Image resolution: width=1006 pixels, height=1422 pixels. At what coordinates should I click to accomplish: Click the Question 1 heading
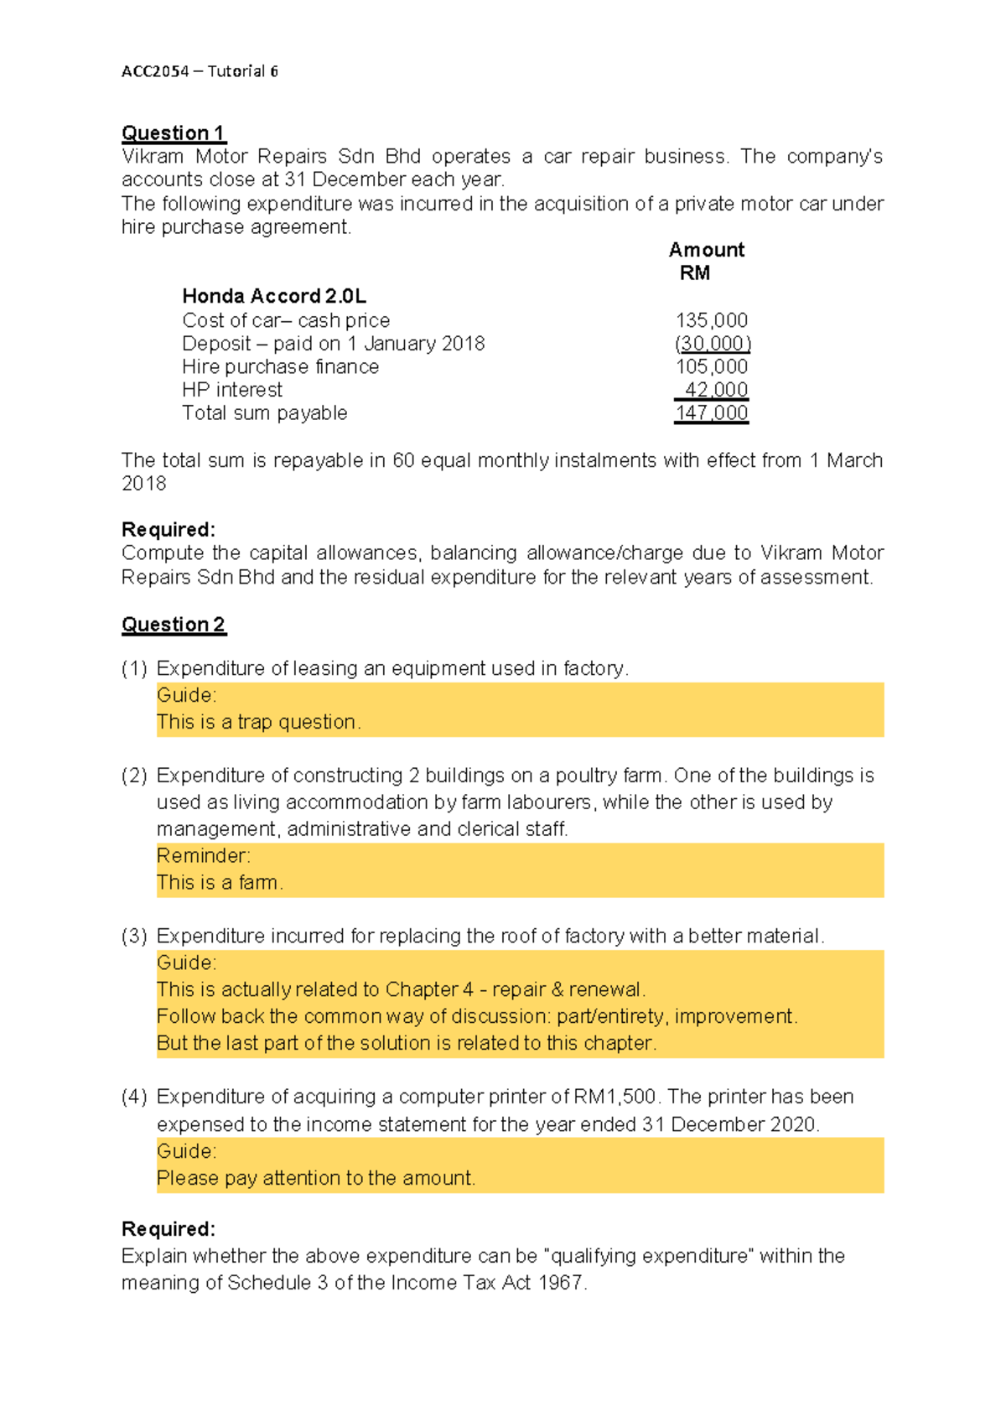point(174,132)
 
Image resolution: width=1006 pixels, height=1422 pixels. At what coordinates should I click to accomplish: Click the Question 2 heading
point(174,625)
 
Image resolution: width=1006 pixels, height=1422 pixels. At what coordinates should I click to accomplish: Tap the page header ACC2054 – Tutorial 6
point(200,71)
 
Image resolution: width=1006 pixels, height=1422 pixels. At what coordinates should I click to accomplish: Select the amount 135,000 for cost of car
point(712,320)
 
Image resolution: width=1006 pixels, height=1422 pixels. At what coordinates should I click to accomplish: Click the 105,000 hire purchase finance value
point(712,366)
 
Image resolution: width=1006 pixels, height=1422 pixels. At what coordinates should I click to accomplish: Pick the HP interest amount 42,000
point(715,390)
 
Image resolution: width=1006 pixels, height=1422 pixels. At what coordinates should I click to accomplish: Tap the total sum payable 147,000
point(712,413)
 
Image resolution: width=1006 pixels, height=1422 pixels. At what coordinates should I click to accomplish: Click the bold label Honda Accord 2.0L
point(274,296)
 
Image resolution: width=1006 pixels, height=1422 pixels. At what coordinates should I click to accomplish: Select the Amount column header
point(706,250)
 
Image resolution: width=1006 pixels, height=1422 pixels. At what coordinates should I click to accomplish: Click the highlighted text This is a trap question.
point(258,722)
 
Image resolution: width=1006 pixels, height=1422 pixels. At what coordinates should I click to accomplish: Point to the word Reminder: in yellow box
point(203,855)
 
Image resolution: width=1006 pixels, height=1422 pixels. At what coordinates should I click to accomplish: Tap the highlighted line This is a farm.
point(220,882)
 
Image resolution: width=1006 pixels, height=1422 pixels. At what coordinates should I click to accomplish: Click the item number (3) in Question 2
point(134,936)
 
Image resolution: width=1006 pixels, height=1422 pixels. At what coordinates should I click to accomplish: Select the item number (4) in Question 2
point(134,1097)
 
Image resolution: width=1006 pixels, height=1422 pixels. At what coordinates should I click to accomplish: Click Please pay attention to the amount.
point(316,1178)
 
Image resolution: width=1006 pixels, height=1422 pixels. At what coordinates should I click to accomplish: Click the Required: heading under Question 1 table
point(169,530)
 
